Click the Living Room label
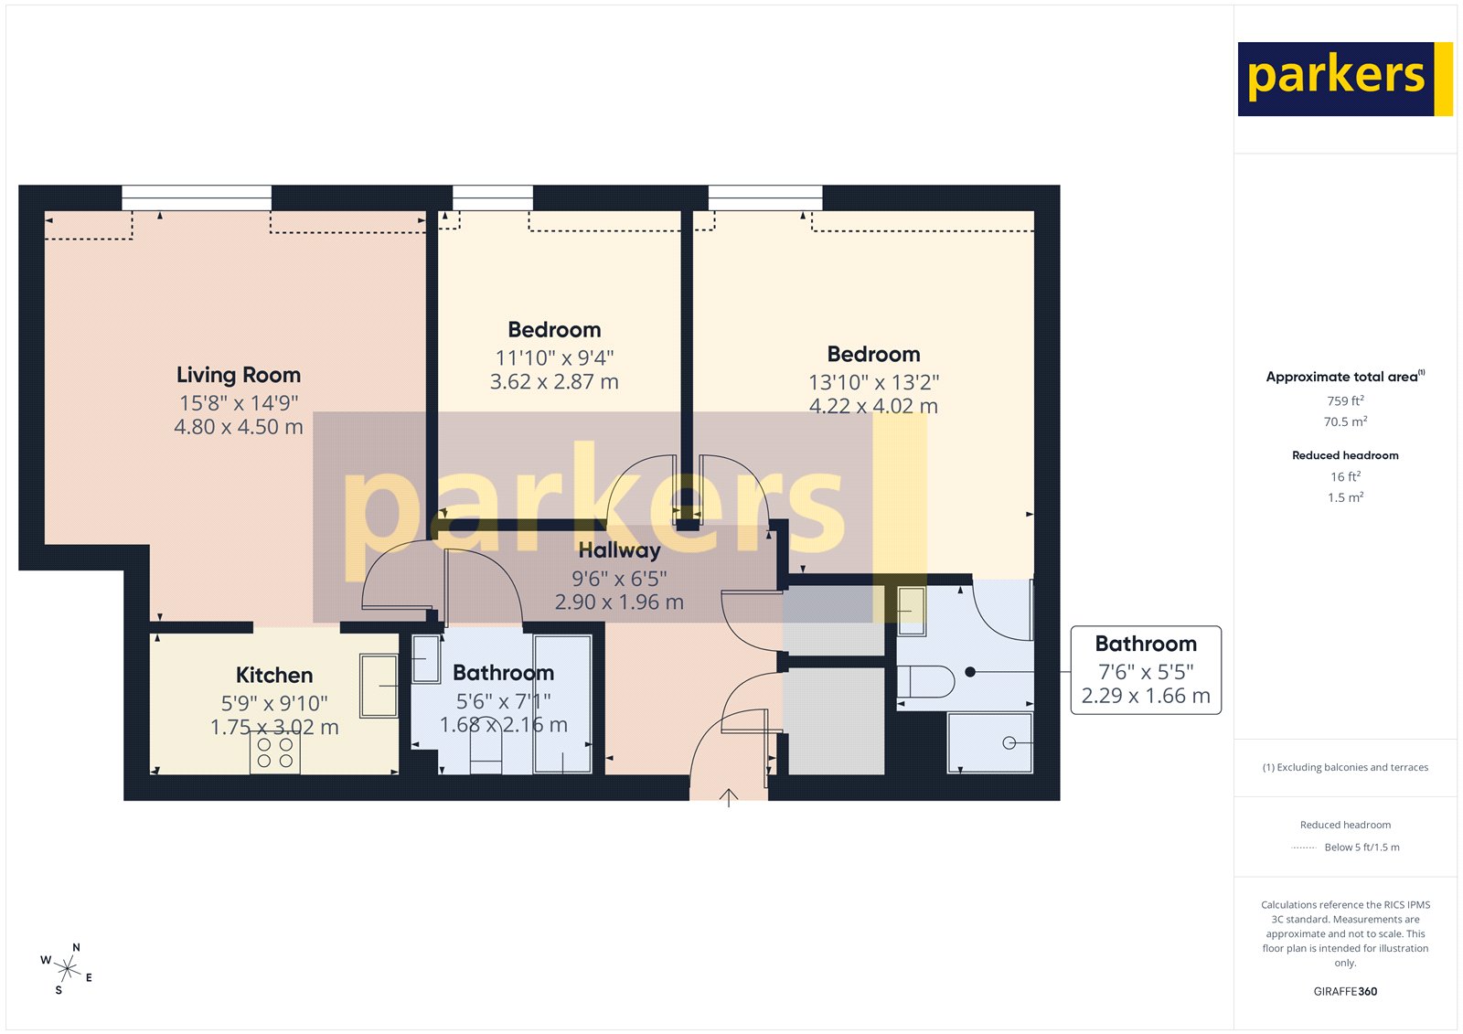(x=238, y=375)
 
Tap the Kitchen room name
(x=274, y=675)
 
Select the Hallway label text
(x=619, y=550)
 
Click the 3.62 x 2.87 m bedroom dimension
(x=554, y=382)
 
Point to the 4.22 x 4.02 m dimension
(x=873, y=406)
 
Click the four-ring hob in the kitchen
(x=274, y=752)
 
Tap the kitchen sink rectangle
(x=379, y=685)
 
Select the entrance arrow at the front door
(x=728, y=797)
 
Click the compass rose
(x=68, y=968)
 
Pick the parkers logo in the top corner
(x=1344, y=79)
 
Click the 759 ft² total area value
(x=1345, y=400)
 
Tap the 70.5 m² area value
(x=1345, y=421)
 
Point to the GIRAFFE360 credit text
(x=1345, y=991)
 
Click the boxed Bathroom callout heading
(x=1146, y=644)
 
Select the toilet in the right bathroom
(x=925, y=681)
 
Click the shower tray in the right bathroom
(x=990, y=742)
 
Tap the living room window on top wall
(x=197, y=197)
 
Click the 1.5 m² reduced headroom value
(x=1345, y=497)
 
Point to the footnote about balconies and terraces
(x=1345, y=767)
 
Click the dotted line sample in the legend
(x=1303, y=847)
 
